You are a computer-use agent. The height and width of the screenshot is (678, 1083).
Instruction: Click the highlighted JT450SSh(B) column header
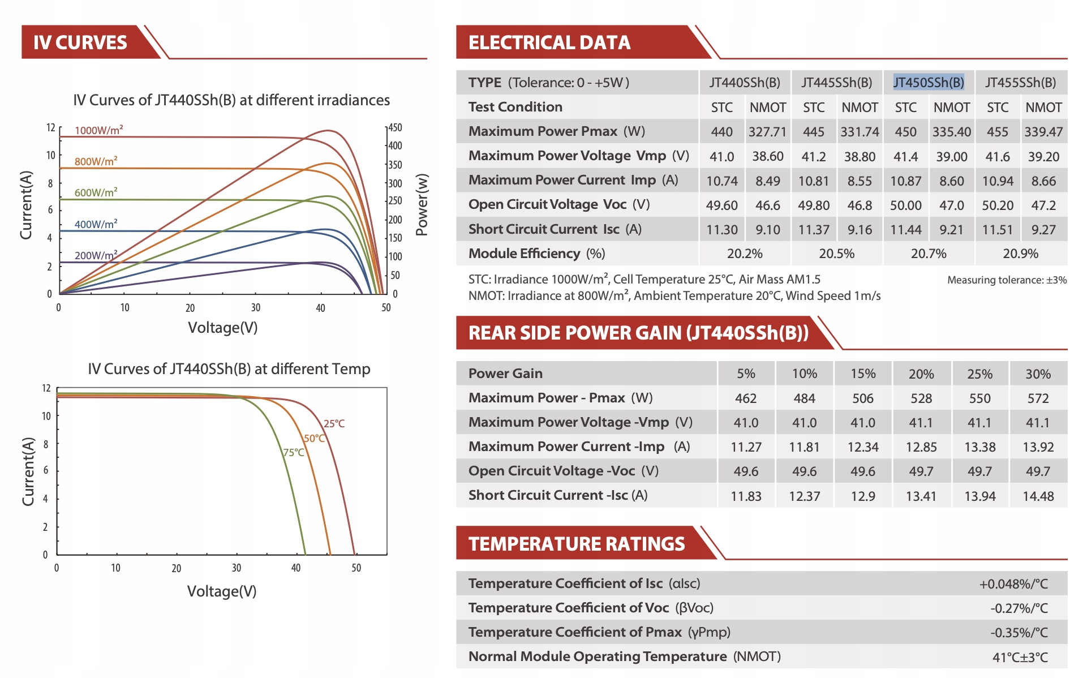(x=928, y=83)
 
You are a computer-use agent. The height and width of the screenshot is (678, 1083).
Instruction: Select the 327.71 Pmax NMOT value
(x=767, y=132)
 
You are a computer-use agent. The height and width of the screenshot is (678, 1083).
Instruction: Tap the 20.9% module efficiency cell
(x=1020, y=254)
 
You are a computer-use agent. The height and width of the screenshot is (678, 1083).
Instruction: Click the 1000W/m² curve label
(x=98, y=130)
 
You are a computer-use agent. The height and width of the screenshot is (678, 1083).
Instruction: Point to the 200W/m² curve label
(x=96, y=255)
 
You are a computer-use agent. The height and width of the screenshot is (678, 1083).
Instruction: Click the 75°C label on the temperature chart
(x=294, y=452)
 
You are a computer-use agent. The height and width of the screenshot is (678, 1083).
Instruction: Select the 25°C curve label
(x=334, y=423)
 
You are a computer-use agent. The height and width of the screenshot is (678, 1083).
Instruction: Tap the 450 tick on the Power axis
(x=395, y=127)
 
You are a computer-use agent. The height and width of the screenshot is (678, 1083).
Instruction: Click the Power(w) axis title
(x=422, y=204)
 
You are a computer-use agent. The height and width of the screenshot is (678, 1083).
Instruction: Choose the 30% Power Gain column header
(x=1038, y=374)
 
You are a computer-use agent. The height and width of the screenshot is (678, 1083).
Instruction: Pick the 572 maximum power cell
(x=1038, y=398)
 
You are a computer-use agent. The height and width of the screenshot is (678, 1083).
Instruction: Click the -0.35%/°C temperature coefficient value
(x=1018, y=633)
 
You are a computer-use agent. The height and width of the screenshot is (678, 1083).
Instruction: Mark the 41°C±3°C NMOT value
(x=1020, y=657)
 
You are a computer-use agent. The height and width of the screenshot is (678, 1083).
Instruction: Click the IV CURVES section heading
(x=80, y=42)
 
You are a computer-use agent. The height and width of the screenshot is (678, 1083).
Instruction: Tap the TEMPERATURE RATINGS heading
(x=577, y=544)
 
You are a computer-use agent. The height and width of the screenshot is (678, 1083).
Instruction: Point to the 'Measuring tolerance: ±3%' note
(x=1007, y=280)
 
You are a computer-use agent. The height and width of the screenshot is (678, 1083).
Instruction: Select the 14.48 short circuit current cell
(x=1038, y=496)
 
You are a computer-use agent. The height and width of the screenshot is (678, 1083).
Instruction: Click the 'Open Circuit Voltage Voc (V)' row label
(x=558, y=204)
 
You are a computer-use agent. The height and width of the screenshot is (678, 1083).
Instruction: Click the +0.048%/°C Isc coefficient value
(x=1013, y=584)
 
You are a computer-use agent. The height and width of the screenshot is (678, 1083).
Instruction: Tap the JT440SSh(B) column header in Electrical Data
(x=745, y=83)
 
